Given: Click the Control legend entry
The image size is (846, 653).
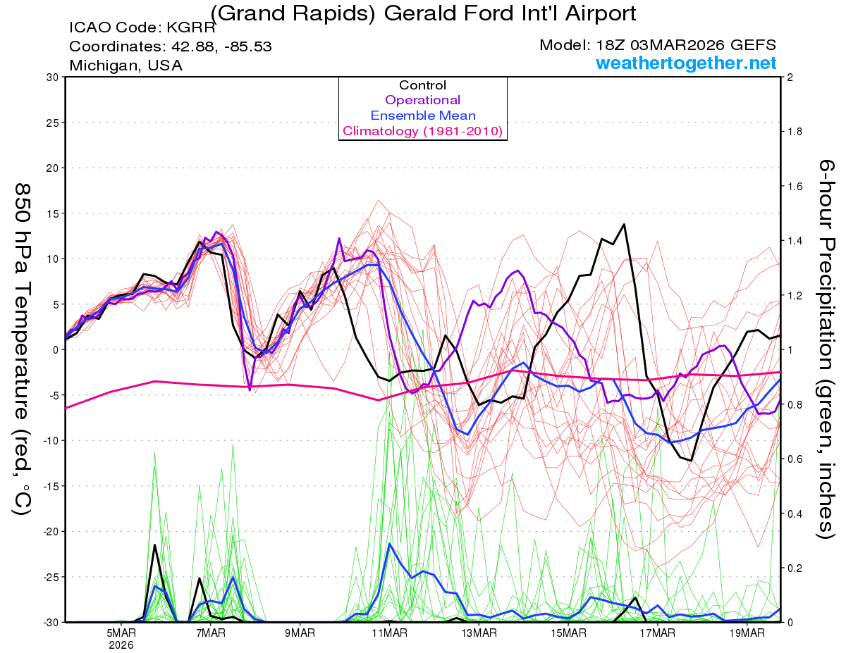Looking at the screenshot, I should click(x=422, y=85).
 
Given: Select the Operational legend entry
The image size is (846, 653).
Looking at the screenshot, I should click(x=422, y=100).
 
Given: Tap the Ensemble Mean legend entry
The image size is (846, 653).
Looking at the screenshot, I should click(x=422, y=116).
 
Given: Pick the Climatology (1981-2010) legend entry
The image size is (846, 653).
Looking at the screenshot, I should click(x=422, y=131).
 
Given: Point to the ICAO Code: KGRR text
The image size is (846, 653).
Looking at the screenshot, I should click(x=142, y=29).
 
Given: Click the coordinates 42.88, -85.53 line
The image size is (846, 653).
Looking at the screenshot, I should click(x=171, y=47).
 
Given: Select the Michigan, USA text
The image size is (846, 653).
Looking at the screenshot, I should click(x=125, y=66).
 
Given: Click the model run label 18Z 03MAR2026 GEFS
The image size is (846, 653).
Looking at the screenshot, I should click(x=658, y=45).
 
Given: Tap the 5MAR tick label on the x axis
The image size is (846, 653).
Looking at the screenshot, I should click(x=121, y=633).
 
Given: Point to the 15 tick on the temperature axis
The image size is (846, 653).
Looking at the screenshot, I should click(x=51, y=213).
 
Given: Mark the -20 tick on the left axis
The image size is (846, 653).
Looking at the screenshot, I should click(x=48, y=531).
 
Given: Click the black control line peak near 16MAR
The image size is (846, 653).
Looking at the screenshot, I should click(x=624, y=225).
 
